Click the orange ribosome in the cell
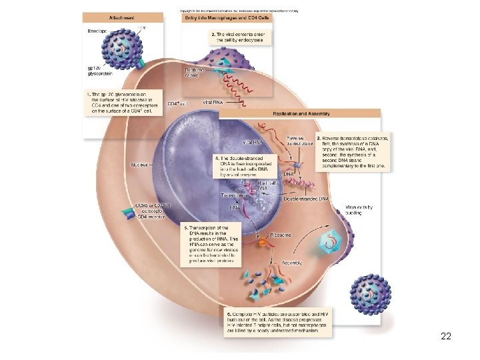(x=263, y=243)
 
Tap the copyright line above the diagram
(x=238, y=11)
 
